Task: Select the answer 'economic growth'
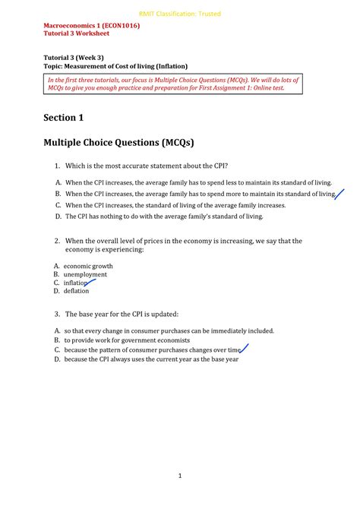point(88,267)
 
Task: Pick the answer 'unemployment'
point(85,274)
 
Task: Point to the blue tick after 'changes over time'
point(245,349)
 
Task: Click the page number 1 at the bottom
point(179,476)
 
